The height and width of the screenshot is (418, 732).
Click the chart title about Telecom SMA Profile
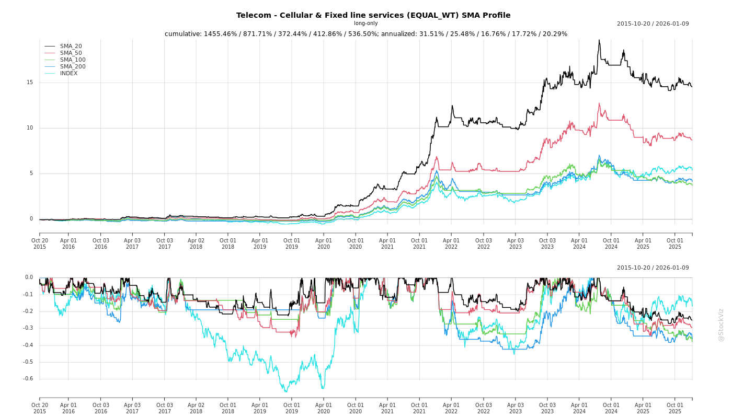coord(373,15)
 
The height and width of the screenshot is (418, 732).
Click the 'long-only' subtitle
coord(365,24)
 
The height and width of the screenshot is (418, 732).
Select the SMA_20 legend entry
coord(71,47)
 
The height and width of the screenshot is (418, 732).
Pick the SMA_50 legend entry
coord(71,53)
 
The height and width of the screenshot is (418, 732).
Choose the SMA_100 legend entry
coord(73,60)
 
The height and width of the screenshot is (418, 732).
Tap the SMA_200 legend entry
coord(73,67)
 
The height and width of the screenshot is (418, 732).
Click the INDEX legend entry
coord(68,74)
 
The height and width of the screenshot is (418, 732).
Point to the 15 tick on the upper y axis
coord(30,83)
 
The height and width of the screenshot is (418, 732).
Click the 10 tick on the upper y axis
coord(30,128)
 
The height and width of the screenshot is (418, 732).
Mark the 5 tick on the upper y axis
coord(31,173)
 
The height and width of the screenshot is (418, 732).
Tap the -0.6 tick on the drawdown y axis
coord(28,379)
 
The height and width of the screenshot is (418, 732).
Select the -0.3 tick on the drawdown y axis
coord(28,328)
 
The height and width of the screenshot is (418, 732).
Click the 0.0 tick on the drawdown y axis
coord(29,277)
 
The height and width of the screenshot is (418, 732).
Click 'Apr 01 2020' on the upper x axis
coord(324,243)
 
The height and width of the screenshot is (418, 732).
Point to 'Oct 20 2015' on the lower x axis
coord(40,408)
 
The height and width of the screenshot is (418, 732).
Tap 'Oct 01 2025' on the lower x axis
coord(675,408)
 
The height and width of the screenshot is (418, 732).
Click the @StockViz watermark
coord(721,324)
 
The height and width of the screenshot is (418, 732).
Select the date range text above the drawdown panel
coord(653,268)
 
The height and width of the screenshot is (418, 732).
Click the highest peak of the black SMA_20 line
coord(599,40)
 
